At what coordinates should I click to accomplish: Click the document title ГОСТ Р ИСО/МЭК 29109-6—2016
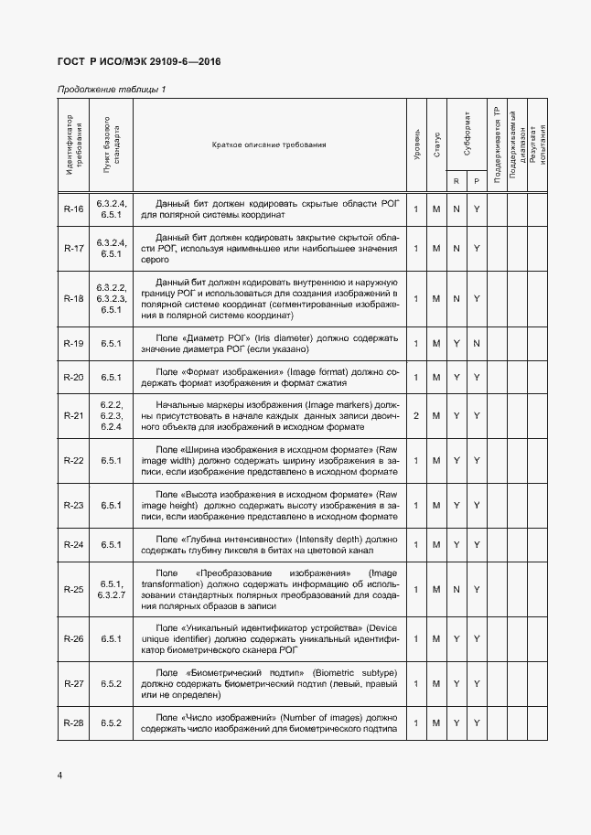[x=139, y=61]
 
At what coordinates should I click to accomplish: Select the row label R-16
[x=73, y=209]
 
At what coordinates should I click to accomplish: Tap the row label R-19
[x=73, y=344]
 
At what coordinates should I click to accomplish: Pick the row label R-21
[x=73, y=416]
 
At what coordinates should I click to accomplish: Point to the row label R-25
[x=73, y=589]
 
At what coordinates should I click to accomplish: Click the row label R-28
[x=73, y=723]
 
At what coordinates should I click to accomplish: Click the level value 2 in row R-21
[x=416, y=416]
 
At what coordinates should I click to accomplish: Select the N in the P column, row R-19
[x=477, y=344]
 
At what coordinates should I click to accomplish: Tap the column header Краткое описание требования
[x=269, y=145]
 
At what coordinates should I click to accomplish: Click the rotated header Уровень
[x=417, y=145]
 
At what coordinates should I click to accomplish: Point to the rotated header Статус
[x=437, y=145]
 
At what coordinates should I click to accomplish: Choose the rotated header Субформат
[x=467, y=134]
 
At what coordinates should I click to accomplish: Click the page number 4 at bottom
[x=59, y=776]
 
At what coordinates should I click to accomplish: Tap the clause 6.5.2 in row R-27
[x=112, y=683]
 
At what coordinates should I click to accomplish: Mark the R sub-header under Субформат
[x=457, y=181]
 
